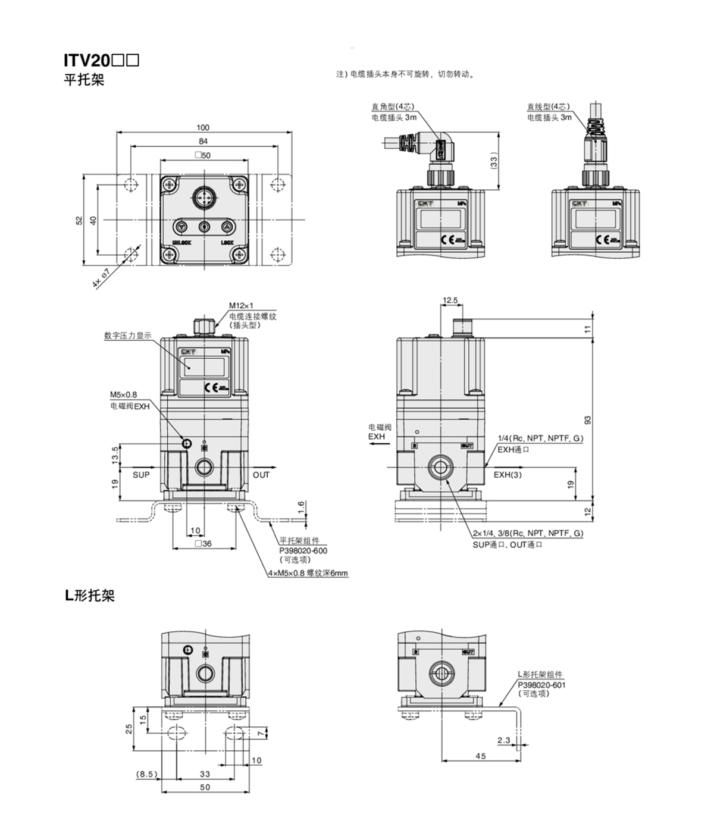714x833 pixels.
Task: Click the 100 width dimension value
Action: (x=203, y=127)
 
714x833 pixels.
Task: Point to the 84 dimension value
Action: (x=203, y=141)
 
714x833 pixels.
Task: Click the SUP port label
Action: (x=141, y=475)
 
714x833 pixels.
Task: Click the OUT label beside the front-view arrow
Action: (x=261, y=475)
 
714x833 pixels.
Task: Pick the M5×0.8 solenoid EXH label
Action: (x=123, y=394)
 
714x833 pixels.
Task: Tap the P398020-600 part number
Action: (x=303, y=550)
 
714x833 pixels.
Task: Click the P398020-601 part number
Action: (x=541, y=685)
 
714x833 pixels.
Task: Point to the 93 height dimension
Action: (x=588, y=420)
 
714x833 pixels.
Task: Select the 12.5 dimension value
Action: (x=450, y=300)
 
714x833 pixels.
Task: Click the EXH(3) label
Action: (x=508, y=475)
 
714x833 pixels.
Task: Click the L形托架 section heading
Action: (x=90, y=596)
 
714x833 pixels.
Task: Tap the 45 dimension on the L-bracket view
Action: (x=480, y=756)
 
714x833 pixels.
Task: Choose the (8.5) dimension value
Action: (x=146, y=774)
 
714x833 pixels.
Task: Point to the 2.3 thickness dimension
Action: (x=503, y=741)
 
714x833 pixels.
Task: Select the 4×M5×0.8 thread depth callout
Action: (x=308, y=574)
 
